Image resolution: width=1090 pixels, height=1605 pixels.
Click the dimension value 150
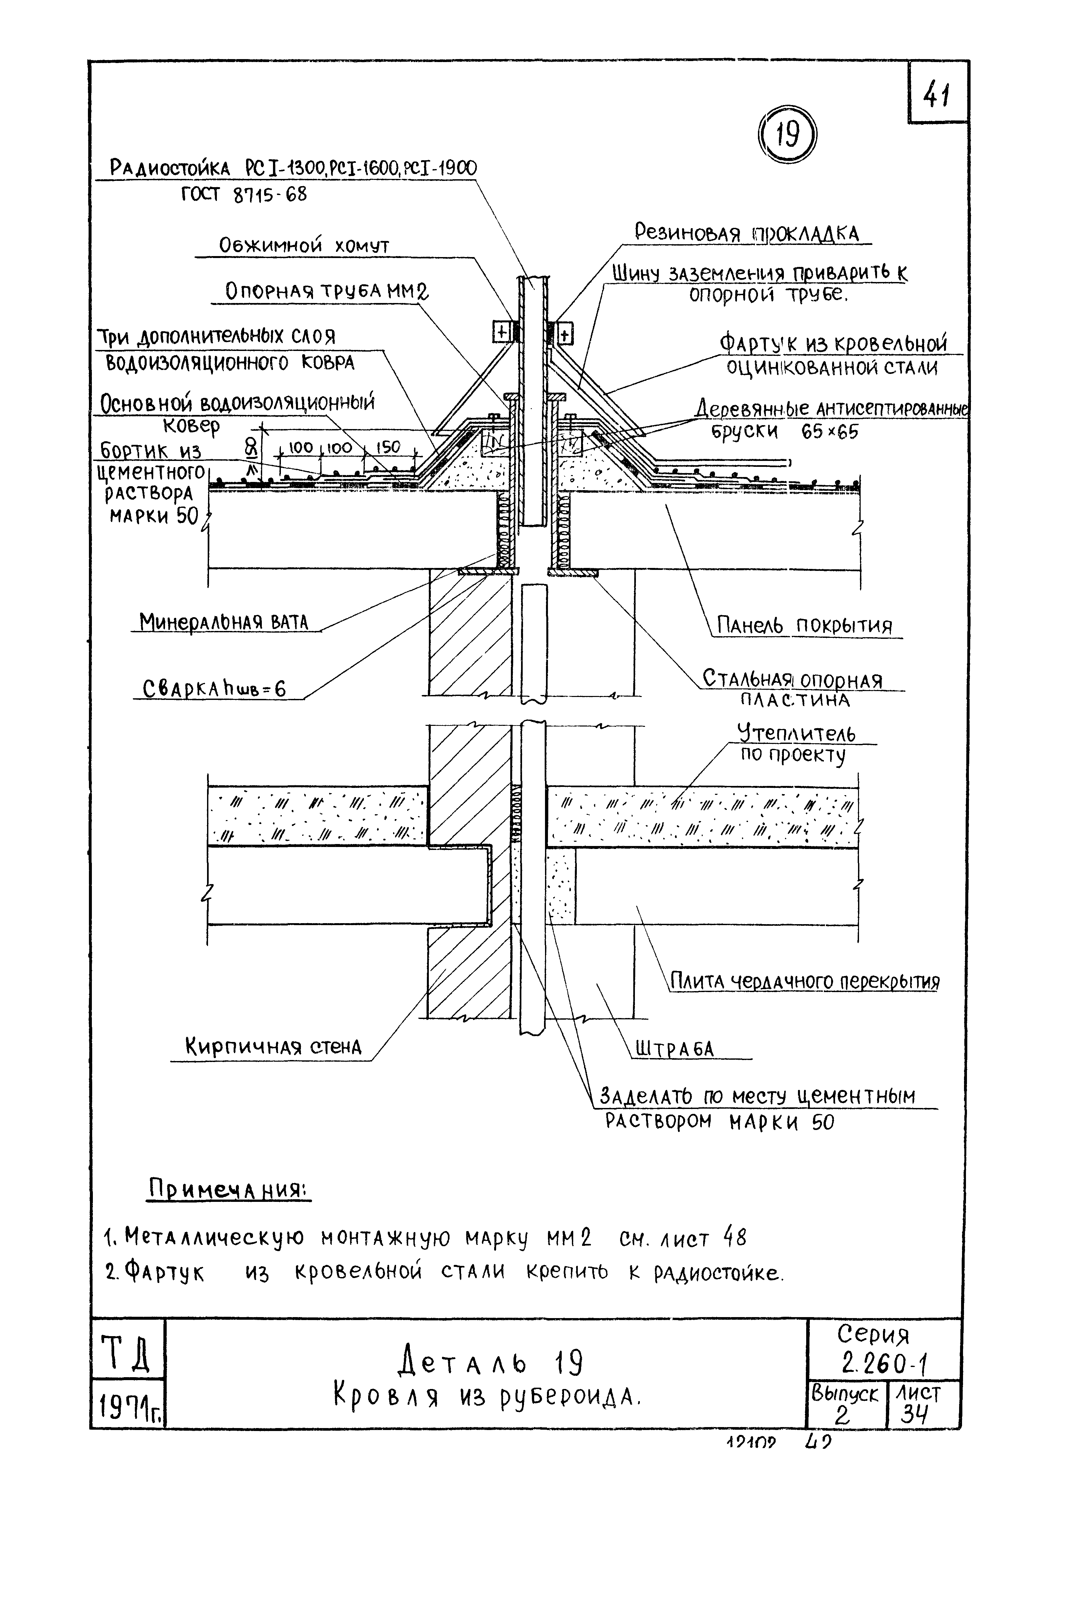(388, 447)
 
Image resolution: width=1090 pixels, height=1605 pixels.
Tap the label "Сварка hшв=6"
(214, 688)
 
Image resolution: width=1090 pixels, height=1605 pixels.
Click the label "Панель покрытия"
(804, 626)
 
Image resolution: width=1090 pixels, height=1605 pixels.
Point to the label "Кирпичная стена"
(273, 1047)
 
